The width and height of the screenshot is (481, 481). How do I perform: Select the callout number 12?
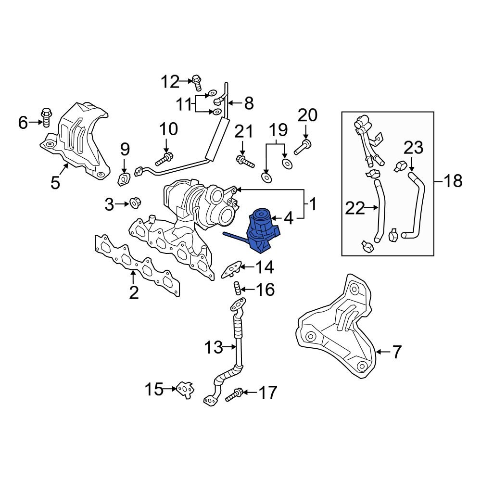pos(169,82)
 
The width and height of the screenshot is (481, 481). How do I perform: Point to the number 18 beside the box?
pos(453,181)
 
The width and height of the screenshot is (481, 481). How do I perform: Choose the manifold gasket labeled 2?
pos(137,262)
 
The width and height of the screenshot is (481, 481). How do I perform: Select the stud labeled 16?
pos(237,289)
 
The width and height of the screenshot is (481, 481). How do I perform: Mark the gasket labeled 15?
pos(184,389)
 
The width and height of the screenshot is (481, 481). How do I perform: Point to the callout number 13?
pos(214,347)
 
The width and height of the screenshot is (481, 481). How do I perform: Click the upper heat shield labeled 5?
pos(77,139)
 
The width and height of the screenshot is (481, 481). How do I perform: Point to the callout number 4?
pos(288,219)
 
